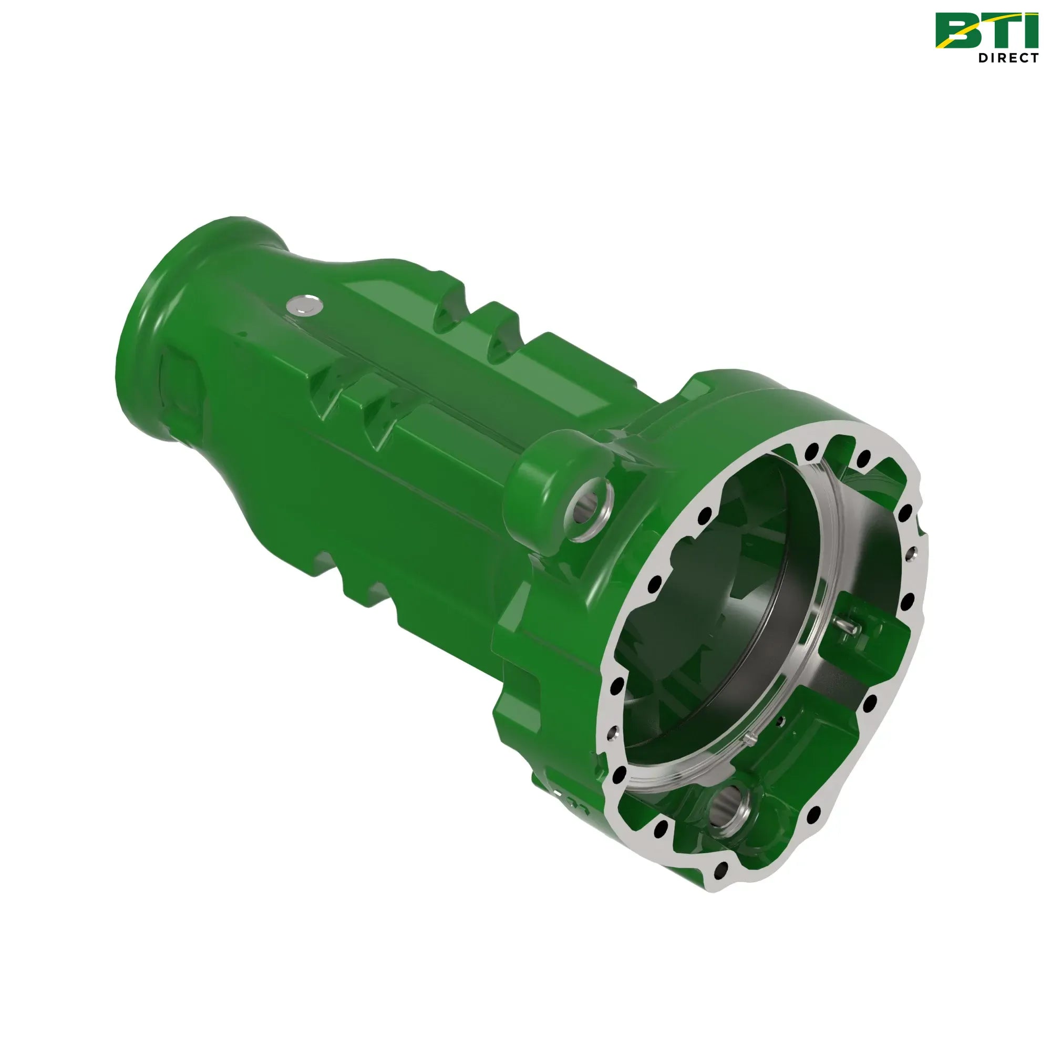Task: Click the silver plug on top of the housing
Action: [304, 305]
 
